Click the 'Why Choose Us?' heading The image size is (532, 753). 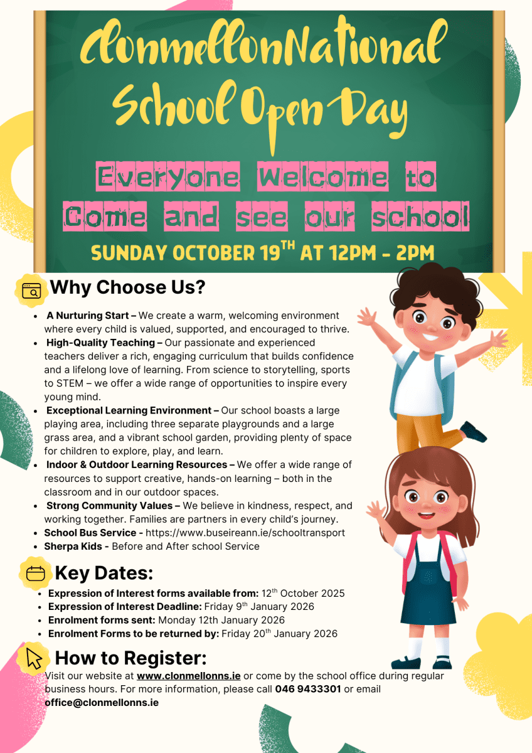pos(127,288)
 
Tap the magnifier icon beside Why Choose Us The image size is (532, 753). pos(31,291)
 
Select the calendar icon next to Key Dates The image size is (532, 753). pos(36,573)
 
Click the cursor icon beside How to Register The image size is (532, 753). pos(35,658)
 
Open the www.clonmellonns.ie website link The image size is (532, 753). pos(188,676)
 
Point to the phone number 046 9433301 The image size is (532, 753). pos(308,689)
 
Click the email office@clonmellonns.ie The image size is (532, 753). pos(101,702)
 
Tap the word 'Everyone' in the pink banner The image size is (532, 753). pos(168,177)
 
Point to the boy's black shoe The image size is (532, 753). pos(474,432)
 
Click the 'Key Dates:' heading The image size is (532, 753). pos(104,574)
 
